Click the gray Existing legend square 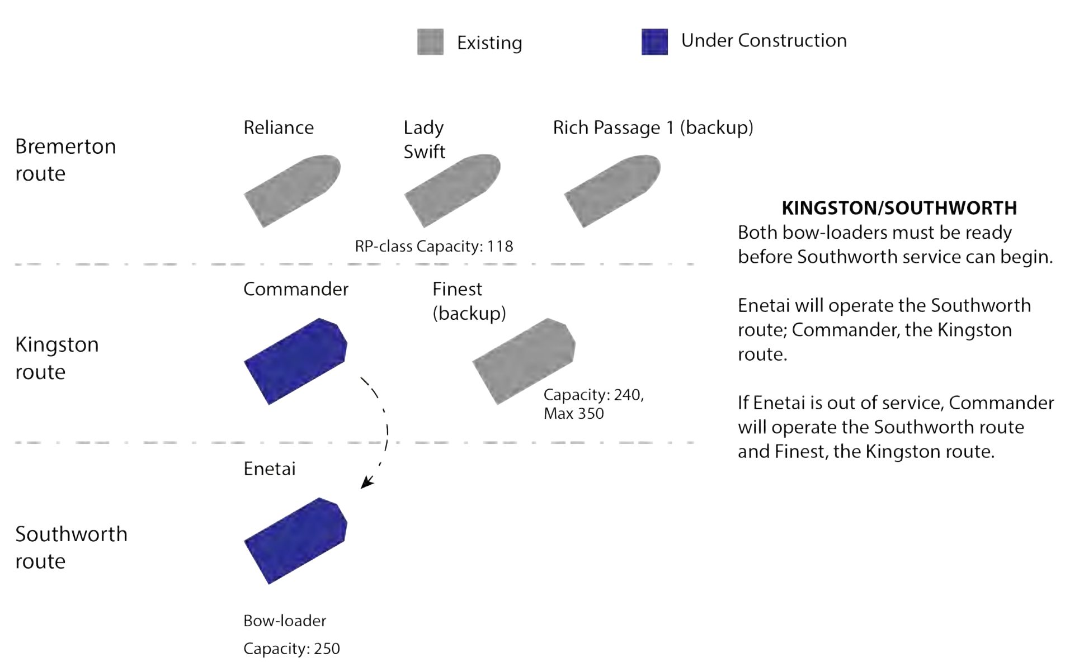pyautogui.click(x=430, y=42)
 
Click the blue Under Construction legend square pyautogui.click(x=654, y=42)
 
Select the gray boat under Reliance pyautogui.click(x=293, y=191)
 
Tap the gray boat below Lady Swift pyautogui.click(x=453, y=191)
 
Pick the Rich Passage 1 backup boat pyautogui.click(x=612, y=191)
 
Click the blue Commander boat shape pyautogui.click(x=295, y=361)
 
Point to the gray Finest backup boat pyautogui.click(x=524, y=361)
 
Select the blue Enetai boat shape pyautogui.click(x=295, y=541)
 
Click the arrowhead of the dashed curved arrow pyautogui.click(x=366, y=482)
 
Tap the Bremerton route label pyautogui.click(x=65, y=160)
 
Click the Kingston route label pyautogui.click(x=56, y=358)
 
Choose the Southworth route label pyautogui.click(x=71, y=547)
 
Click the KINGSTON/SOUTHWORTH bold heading pyautogui.click(x=899, y=208)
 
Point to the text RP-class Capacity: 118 pyautogui.click(x=433, y=246)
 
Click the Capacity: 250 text pyautogui.click(x=291, y=649)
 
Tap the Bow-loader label pyautogui.click(x=284, y=621)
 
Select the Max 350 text pyautogui.click(x=573, y=414)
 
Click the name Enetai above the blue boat pyautogui.click(x=269, y=469)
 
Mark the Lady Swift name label pyautogui.click(x=424, y=139)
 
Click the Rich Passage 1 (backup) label pyautogui.click(x=653, y=127)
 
